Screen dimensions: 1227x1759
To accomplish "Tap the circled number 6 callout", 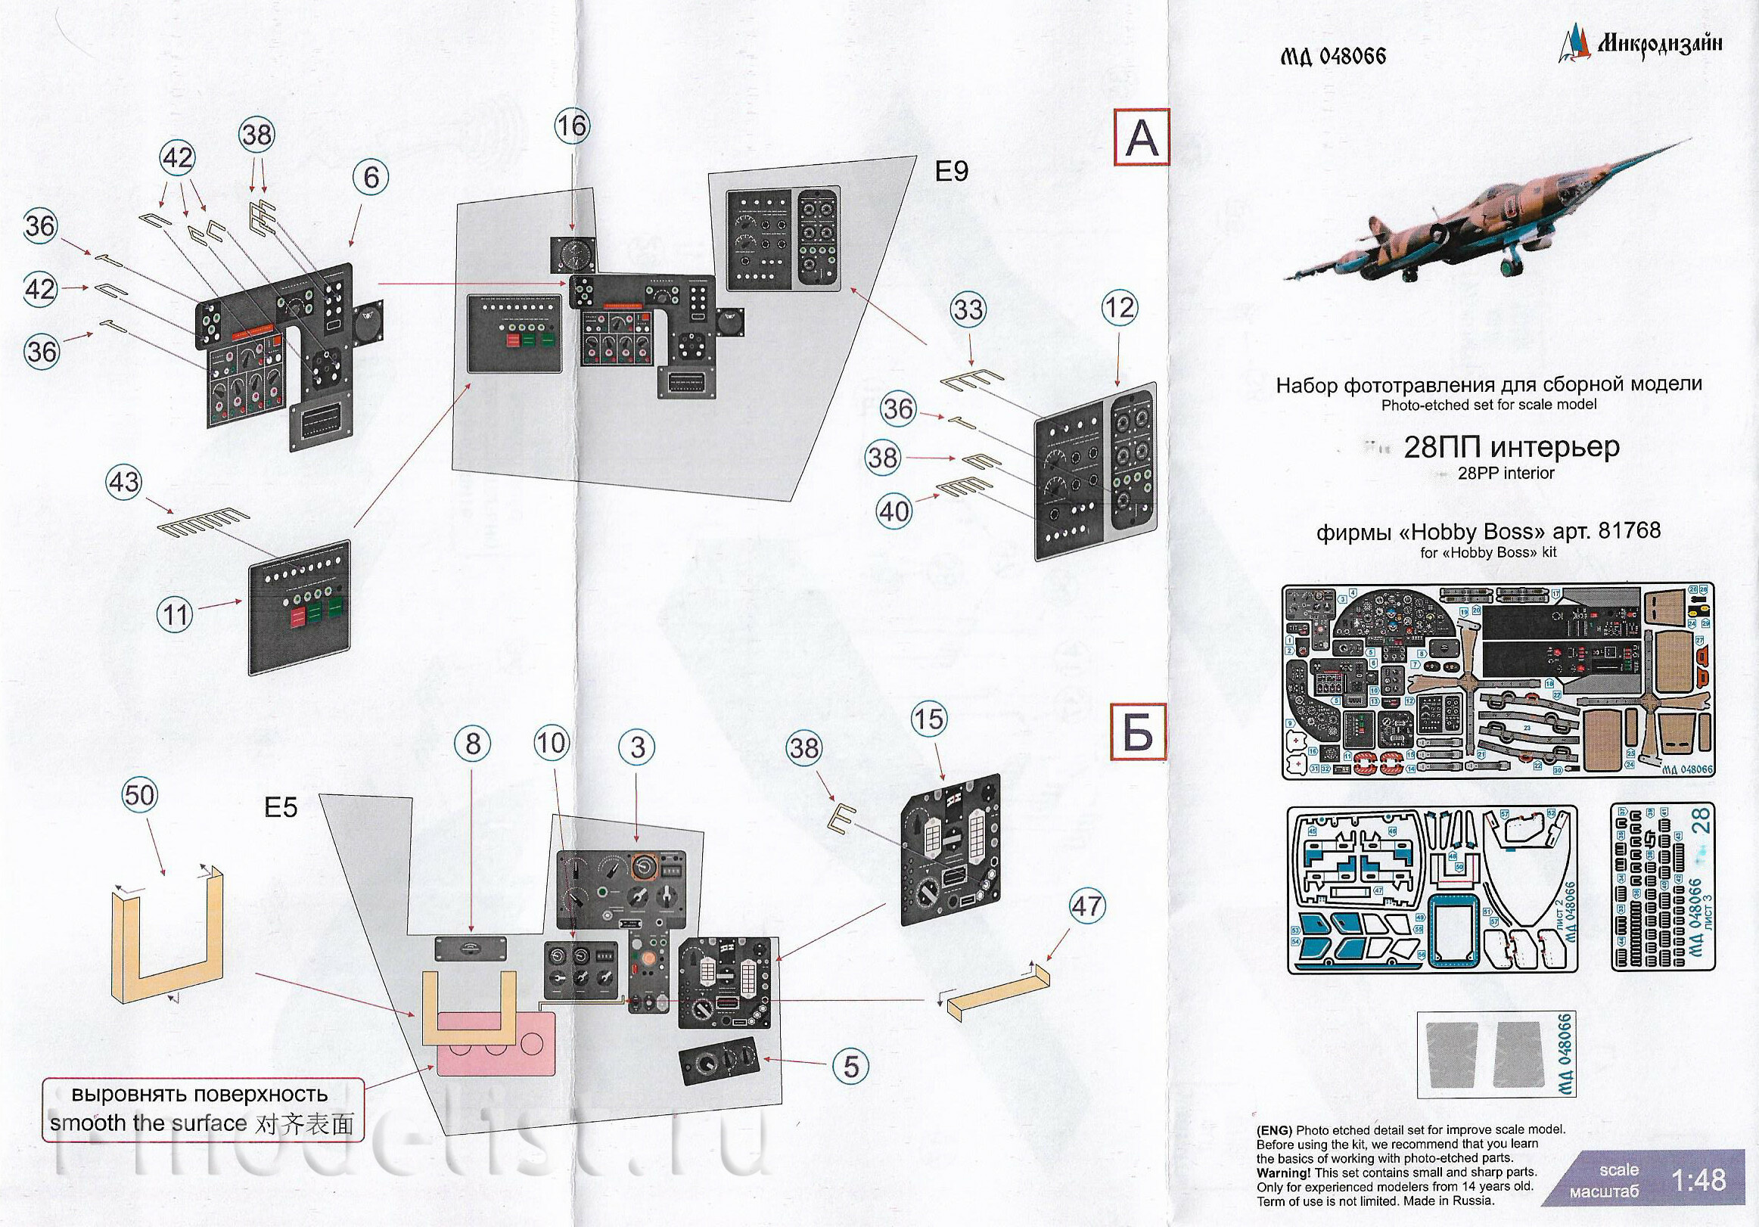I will click(371, 178).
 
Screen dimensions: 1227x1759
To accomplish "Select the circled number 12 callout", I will click(1119, 309).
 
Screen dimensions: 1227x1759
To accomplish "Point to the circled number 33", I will click(968, 310).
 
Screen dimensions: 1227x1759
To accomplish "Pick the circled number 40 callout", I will click(894, 511).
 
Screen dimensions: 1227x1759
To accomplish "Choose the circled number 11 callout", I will click(175, 615).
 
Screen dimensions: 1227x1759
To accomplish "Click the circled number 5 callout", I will click(852, 1067).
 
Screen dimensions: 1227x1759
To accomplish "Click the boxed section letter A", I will click(1142, 138).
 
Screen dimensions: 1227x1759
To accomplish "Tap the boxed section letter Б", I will click(1139, 734).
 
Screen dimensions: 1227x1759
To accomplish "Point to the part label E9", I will click(952, 172).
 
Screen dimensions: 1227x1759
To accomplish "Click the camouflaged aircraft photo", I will click(1487, 222).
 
